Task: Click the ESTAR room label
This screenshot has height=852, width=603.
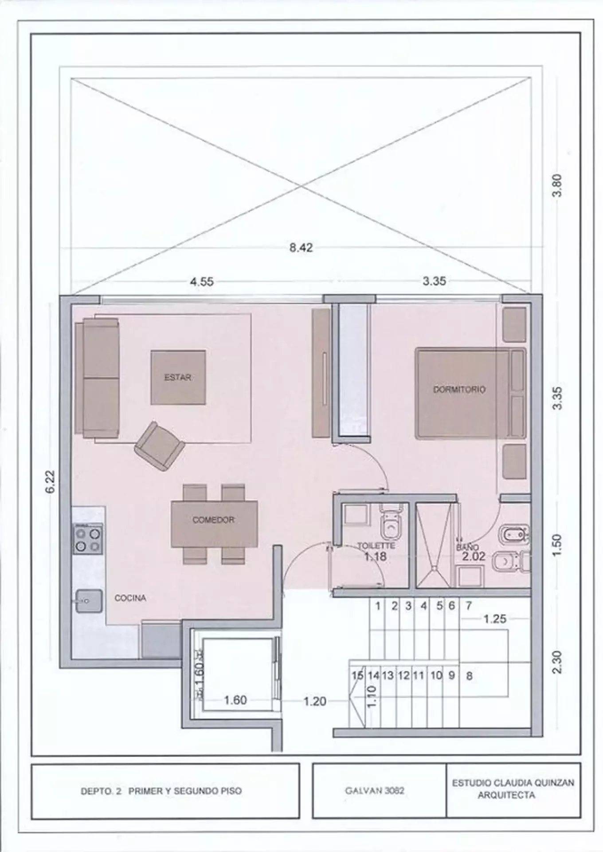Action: coord(177,378)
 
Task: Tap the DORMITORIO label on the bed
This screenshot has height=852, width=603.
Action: coord(459,390)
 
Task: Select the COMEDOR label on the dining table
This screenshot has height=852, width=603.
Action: coord(213,520)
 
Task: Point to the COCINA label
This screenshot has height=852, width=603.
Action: coord(130,598)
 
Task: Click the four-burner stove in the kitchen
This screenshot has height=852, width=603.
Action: coord(88,539)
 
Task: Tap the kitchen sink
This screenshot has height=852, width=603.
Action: coord(89,601)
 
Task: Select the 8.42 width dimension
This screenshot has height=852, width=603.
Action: coord(301,248)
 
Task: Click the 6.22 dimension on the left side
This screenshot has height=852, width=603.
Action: coord(51,481)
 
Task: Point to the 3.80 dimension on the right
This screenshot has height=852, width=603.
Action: coord(558,185)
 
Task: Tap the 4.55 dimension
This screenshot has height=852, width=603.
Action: coord(202,282)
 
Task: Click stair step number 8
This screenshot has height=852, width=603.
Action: coord(469,676)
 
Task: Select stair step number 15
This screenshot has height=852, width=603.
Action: coord(357,675)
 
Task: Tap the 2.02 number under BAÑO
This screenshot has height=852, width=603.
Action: coord(474,556)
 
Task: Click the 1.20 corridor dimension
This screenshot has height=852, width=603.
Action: coord(314,702)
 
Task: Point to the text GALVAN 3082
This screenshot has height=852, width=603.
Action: coord(375,791)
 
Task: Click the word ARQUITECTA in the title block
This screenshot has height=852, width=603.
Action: coord(506,795)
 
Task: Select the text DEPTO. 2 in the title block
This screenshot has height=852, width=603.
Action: coord(101,791)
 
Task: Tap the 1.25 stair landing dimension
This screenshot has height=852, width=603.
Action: coord(495,619)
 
